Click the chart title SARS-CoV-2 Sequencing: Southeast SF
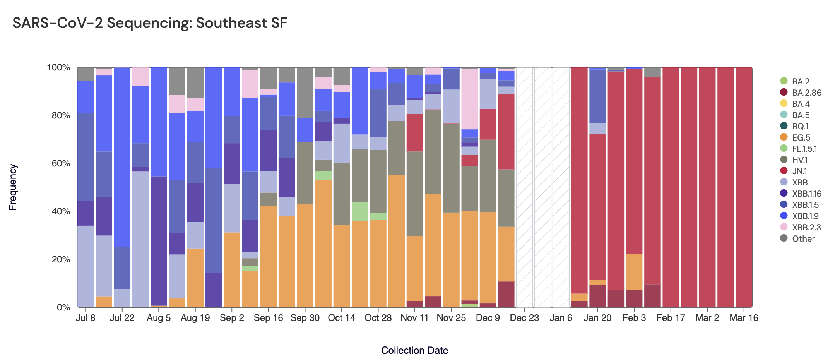click(x=150, y=23)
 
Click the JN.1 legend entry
click(x=799, y=171)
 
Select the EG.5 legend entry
click(x=801, y=137)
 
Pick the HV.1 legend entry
click(x=799, y=160)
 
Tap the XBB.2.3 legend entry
click(x=806, y=227)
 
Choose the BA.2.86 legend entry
click(x=806, y=93)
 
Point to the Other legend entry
click(x=803, y=238)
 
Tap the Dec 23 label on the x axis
click(x=524, y=318)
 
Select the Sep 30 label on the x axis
click(x=305, y=318)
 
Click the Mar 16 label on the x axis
click(x=744, y=318)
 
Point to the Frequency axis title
click(x=13, y=187)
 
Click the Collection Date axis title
click(x=414, y=350)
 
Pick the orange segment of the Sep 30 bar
click(x=305, y=255)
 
